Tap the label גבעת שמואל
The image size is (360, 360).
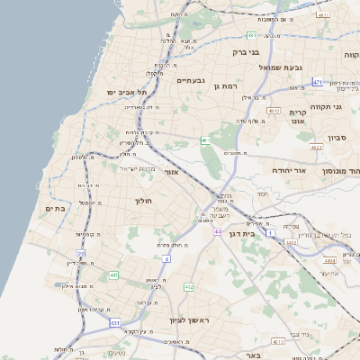[284, 67]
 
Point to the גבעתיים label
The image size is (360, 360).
[192, 80]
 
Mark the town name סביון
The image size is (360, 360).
[337, 138]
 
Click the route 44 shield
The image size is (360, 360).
[218, 231]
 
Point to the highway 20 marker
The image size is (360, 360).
[81, 254]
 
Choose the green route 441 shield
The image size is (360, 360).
[113, 274]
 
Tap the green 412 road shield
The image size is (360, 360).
[188, 287]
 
